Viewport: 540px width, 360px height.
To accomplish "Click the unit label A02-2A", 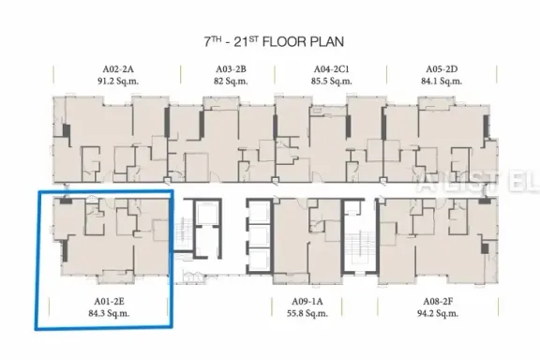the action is [x=118, y=69].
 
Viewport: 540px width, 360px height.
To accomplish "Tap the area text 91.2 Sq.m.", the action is [x=118, y=82].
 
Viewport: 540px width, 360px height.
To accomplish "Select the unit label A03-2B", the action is [x=231, y=69].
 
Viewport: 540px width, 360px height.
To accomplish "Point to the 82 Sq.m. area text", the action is [x=231, y=82].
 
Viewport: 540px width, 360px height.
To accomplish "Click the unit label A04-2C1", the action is [x=331, y=69].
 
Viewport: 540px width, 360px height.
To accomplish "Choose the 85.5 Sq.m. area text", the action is [x=331, y=82].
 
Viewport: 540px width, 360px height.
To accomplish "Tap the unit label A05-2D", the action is [x=442, y=69].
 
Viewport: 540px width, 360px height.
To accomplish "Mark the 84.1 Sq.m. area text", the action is [x=442, y=82].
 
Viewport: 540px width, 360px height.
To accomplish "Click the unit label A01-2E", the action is [x=109, y=302].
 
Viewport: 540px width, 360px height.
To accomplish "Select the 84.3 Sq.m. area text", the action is [x=109, y=313].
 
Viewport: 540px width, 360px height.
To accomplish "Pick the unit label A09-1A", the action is [x=307, y=302].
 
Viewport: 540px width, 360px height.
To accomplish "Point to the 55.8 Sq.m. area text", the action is [x=307, y=313].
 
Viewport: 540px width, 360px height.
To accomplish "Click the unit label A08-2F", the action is [x=438, y=302].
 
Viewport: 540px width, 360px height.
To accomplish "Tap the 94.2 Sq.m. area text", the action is [x=438, y=313].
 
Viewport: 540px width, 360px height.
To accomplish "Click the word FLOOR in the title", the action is [x=284, y=42].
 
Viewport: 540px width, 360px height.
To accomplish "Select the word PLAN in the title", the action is [x=327, y=42].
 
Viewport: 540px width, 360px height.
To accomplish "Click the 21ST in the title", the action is [x=247, y=41].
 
